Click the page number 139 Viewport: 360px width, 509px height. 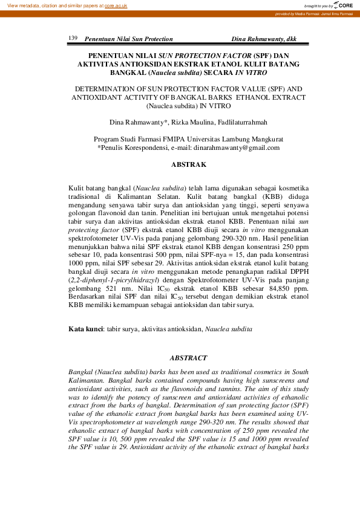tap(73, 38)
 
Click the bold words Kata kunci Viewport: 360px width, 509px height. tap(83, 329)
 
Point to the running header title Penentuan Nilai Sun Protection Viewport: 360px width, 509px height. tap(128, 39)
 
